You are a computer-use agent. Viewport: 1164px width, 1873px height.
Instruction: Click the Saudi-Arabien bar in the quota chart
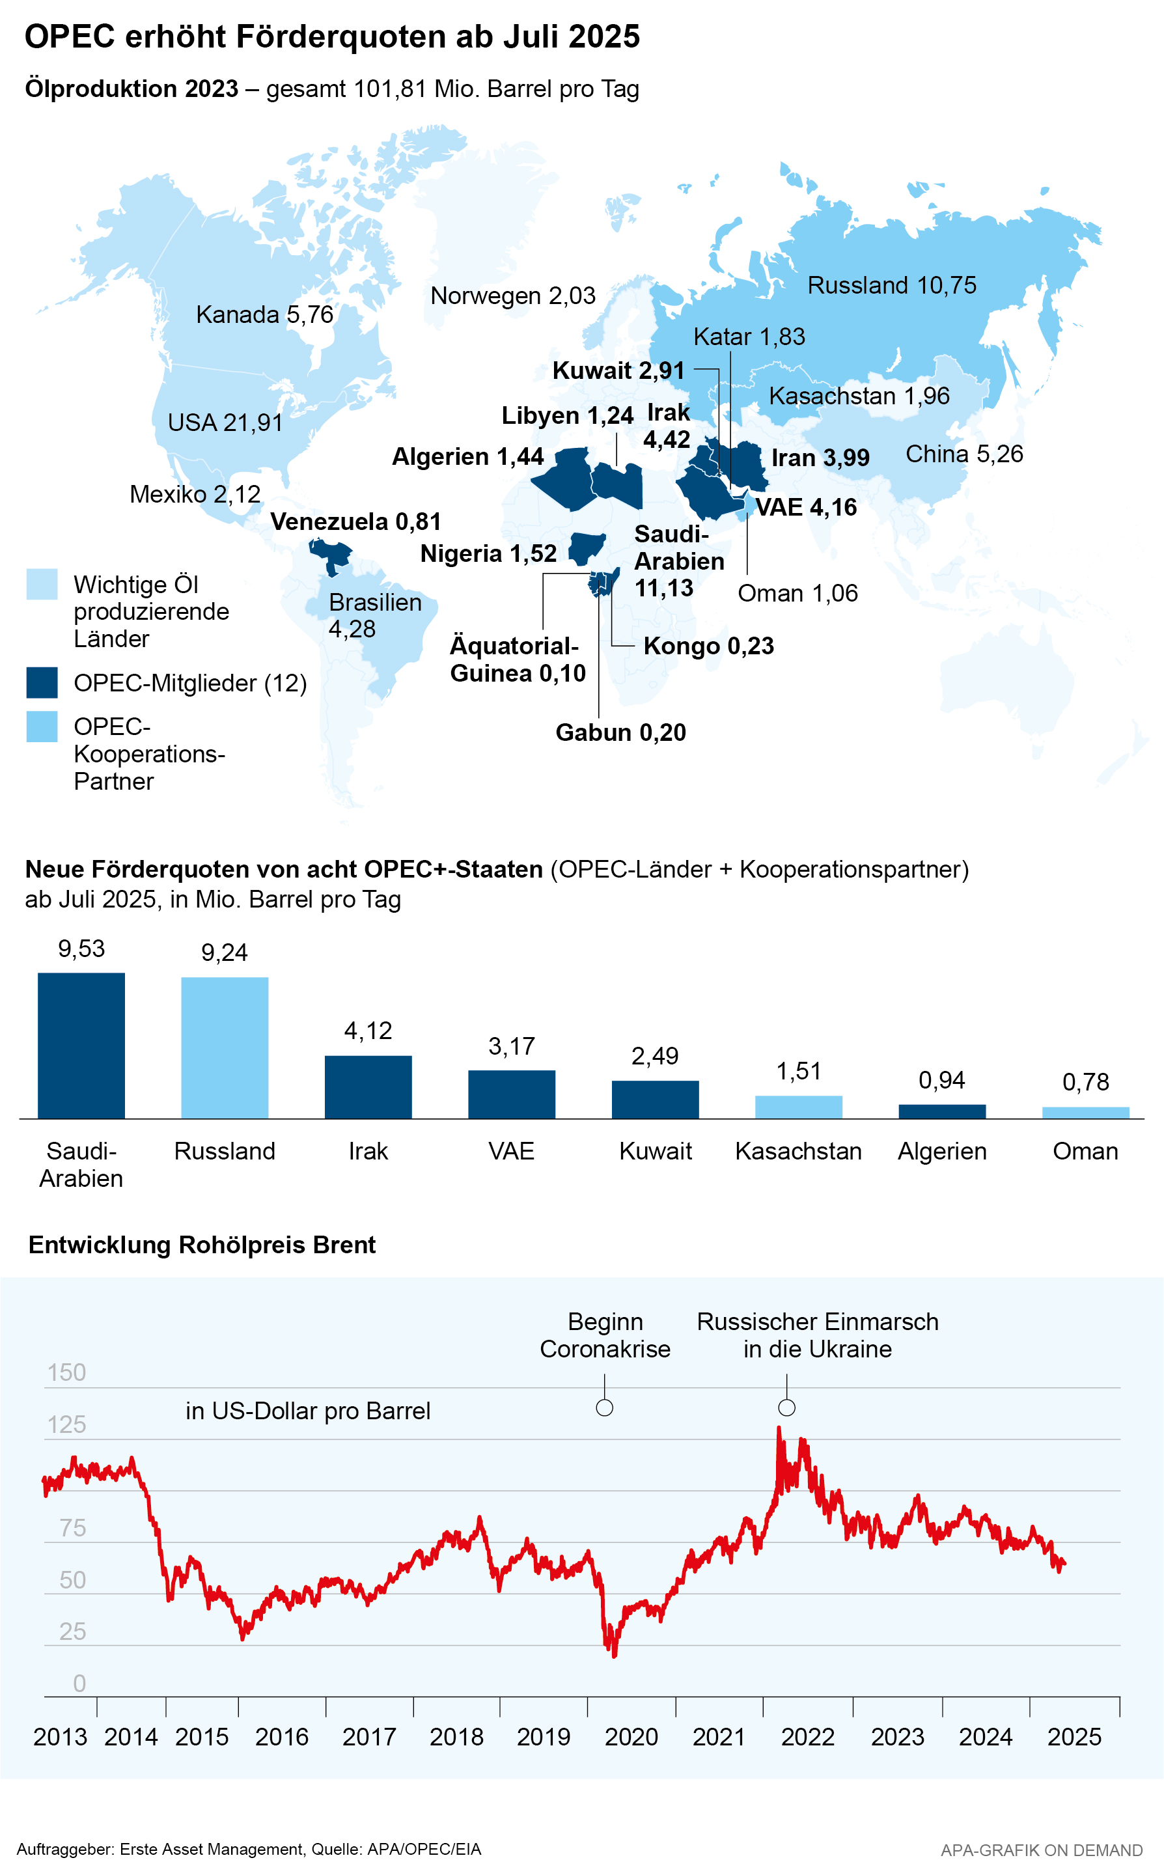click(81, 1045)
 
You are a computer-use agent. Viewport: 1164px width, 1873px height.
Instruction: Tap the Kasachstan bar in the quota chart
click(798, 1106)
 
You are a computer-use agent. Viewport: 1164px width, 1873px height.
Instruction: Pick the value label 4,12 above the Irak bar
click(368, 1031)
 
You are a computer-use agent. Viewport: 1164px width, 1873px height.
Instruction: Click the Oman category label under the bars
click(1085, 1151)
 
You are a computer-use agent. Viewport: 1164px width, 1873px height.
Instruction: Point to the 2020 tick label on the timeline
click(631, 1737)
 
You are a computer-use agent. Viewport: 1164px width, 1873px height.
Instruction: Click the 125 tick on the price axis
click(67, 1424)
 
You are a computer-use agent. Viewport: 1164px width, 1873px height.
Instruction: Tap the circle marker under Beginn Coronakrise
click(605, 1408)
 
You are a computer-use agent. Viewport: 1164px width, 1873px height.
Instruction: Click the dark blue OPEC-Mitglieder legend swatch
click(42, 683)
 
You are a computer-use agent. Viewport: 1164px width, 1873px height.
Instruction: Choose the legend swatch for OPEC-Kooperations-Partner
click(42, 727)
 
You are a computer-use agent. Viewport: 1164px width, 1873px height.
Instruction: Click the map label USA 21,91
click(225, 423)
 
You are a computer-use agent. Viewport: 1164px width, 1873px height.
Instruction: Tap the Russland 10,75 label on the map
click(891, 286)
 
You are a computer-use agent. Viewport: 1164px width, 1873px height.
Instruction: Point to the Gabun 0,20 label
click(620, 732)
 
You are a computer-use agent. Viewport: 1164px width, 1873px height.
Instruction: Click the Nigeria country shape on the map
click(587, 548)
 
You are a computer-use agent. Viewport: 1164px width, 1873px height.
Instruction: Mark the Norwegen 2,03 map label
click(513, 296)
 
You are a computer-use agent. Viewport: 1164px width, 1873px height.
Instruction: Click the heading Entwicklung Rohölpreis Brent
click(202, 1245)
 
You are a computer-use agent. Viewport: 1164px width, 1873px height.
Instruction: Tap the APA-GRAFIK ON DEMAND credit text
click(1041, 1850)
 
